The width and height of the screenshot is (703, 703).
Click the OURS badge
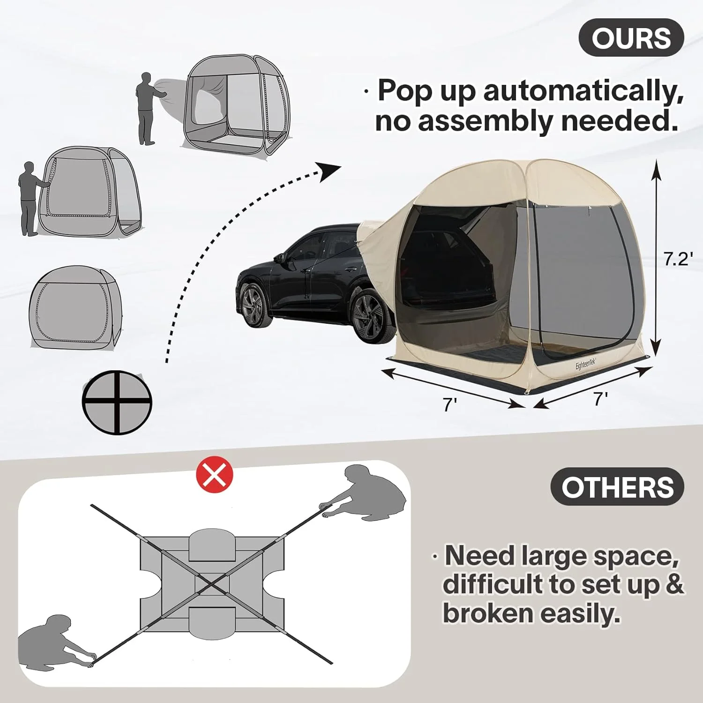631,38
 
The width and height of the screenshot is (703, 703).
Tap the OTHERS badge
617,487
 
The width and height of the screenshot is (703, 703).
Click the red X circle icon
215,475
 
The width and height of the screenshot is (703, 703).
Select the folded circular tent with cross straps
117,402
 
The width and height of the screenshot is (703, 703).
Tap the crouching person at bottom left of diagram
52,640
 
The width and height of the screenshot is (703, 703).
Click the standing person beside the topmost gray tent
148,108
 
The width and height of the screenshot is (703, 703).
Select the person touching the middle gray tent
29,199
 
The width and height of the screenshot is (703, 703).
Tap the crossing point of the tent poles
212,584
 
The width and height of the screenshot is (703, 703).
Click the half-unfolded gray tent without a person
75,307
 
